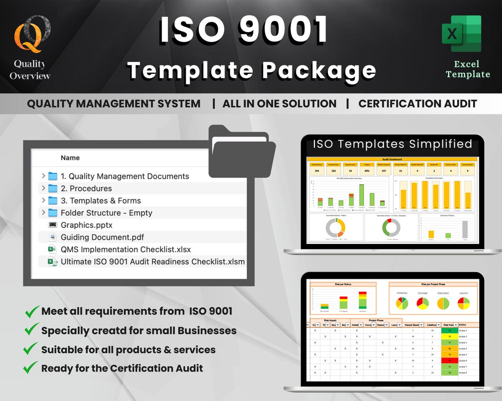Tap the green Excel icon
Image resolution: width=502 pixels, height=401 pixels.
461,34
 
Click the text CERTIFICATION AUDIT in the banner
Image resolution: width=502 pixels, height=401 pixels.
417,104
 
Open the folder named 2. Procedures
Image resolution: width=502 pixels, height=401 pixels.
86,188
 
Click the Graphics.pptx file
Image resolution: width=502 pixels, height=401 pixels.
86,225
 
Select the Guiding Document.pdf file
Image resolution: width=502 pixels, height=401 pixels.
102,237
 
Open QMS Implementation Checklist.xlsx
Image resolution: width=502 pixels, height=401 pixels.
125,249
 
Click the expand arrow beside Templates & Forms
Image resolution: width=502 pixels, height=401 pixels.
43,200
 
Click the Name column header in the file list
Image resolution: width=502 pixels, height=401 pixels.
70,158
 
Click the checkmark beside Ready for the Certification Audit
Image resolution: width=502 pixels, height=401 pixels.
31,367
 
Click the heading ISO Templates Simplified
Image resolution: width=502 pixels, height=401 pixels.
392,144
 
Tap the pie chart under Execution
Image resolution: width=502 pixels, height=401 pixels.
443,303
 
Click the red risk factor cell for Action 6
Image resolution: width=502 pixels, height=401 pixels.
450,361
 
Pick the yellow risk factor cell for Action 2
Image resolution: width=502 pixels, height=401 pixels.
450,336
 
